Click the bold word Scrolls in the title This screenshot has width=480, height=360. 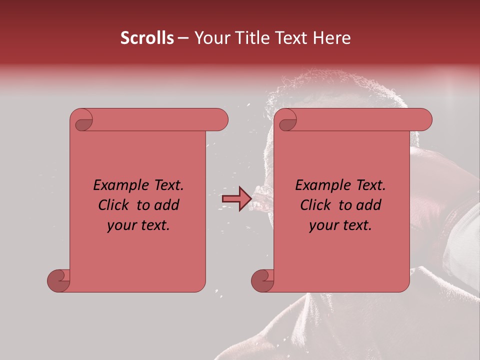pyautogui.click(x=147, y=38)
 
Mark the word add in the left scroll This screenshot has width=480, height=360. pyautogui.click(x=167, y=205)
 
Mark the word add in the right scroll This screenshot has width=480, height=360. pyautogui.click(x=369, y=205)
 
